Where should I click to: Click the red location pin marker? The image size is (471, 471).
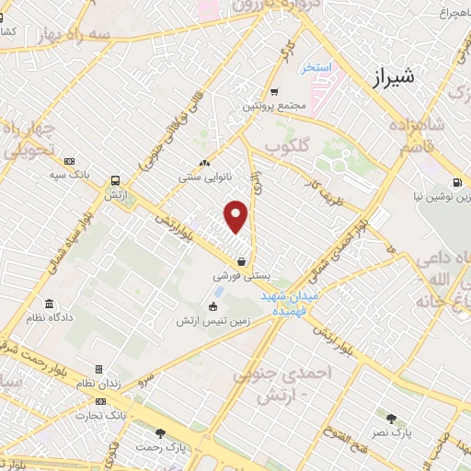coord(237,216)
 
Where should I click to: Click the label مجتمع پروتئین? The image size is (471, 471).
coord(273,106)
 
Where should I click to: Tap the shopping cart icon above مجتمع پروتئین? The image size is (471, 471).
coord(274,91)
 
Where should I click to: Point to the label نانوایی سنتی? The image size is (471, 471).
coord(204,172)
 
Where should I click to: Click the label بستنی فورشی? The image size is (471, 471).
coord(240,275)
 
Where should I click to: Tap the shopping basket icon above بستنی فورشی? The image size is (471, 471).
coord(241,260)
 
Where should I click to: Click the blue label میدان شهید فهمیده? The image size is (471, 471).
coord(284,304)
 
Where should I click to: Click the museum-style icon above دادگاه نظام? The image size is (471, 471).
coord(49,304)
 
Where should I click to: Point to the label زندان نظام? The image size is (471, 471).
coord(99,384)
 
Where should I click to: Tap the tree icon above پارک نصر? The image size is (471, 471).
coord(392,419)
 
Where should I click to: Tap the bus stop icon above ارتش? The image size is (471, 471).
coord(116,180)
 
